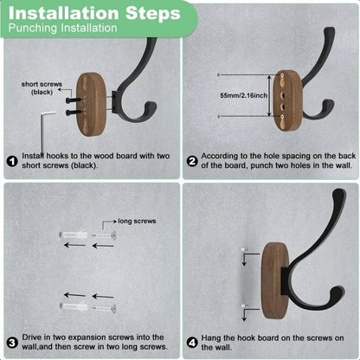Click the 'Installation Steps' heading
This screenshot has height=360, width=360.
pyautogui.click(x=96, y=12)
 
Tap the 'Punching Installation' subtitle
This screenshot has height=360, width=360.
pyautogui.click(x=62, y=29)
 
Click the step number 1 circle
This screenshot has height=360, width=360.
pyautogui.click(x=11, y=160)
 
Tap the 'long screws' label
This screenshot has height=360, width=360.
pyautogui.click(x=136, y=221)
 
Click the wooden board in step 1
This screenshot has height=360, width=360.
pyautogui.click(x=90, y=100)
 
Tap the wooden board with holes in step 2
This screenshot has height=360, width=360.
pyautogui.click(x=287, y=100)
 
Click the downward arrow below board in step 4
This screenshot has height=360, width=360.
pyautogui.click(x=245, y=312)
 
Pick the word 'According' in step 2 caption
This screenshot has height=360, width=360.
pyautogui.click(x=221, y=157)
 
